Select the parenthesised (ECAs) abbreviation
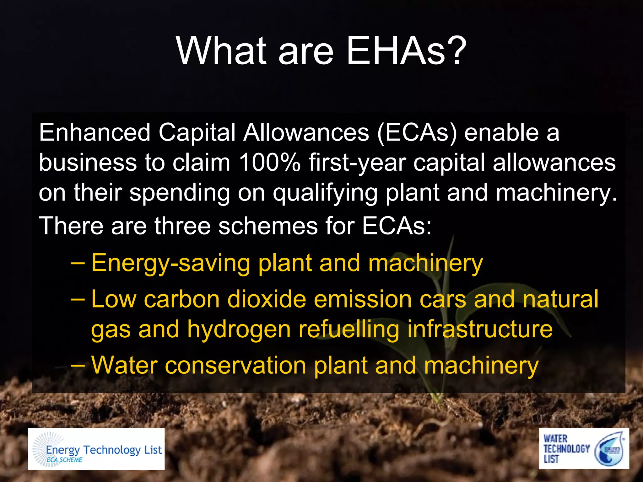coord(417,133)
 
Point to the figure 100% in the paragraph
coord(269,163)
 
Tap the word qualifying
coord(325,193)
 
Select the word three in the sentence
coord(182,226)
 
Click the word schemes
coord(268,226)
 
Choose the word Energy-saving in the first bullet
coord(170,264)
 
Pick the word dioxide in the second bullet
coord(267,299)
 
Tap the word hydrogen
coord(239,330)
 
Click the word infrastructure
coord(480,329)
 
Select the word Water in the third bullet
coord(124,366)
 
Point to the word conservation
coord(235,366)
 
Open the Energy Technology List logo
coord(96,449)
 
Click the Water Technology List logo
coord(584,448)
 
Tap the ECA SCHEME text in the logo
coord(64,460)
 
